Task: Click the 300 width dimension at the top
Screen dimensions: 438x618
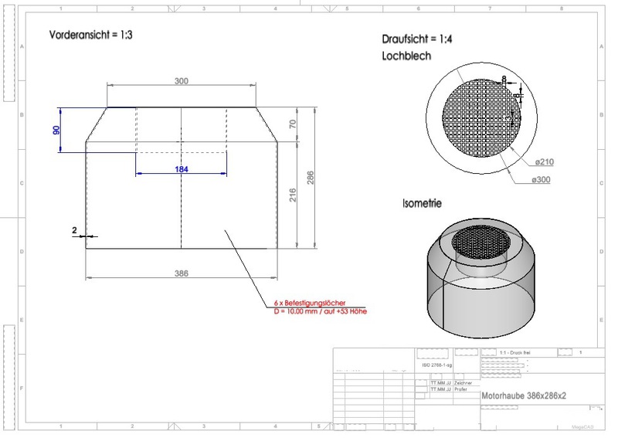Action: (x=181, y=81)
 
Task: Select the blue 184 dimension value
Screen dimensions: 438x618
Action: (x=181, y=168)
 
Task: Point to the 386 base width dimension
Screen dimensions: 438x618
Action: (x=181, y=273)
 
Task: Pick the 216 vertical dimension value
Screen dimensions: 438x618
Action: (x=292, y=195)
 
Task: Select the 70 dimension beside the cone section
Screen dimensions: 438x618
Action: (x=292, y=124)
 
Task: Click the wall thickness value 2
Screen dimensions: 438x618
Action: (x=74, y=231)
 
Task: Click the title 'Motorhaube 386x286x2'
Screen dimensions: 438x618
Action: (x=524, y=395)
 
